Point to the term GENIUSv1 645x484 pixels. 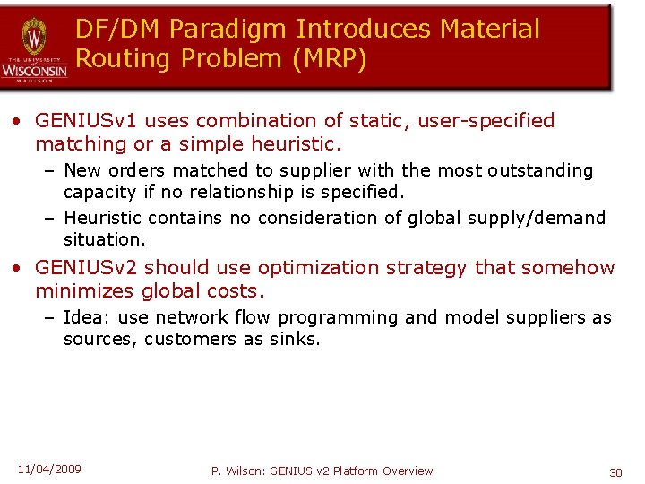[x=87, y=120]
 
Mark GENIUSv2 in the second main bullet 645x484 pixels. [x=87, y=267]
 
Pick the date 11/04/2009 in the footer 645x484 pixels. [x=49, y=469]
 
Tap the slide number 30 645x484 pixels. [x=615, y=471]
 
